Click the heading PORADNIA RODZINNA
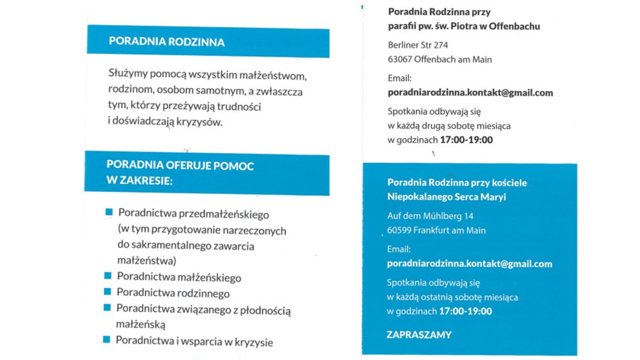click(x=166, y=42)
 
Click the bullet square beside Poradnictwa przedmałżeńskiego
click(x=109, y=212)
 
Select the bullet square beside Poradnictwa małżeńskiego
click(x=107, y=275)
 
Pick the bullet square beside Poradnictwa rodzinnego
click(x=107, y=292)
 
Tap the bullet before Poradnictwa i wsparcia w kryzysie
click(x=107, y=339)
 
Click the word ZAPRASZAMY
click(x=419, y=334)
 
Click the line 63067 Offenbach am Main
click(x=439, y=60)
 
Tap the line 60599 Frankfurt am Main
click(x=437, y=231)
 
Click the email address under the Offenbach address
click(x=470, y=92)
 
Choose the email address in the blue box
click(x=469, y=263)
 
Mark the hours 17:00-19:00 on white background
click(x=466, y=139)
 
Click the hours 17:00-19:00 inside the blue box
click(x=466, y=311)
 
